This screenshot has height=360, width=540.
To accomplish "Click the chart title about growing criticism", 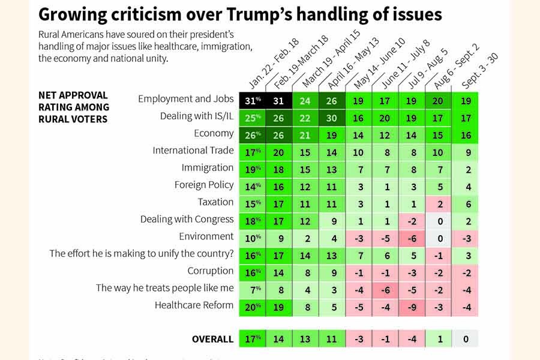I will click(240, 14).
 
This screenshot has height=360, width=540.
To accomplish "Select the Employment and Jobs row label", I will click(185, 99).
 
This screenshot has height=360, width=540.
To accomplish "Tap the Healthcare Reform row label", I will click(194, 305).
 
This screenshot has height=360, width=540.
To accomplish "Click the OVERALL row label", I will click(212, 339).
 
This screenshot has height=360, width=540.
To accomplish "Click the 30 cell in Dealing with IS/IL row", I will click(332, 117).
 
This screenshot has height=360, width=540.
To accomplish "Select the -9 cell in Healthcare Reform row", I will click(412, 305).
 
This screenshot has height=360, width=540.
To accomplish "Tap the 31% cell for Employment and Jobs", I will click(251, 100).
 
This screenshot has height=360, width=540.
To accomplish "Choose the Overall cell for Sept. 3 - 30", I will click(465, 339).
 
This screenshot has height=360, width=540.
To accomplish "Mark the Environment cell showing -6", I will click(412, 237).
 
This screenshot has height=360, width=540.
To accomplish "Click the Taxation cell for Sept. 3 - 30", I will click(465, 203).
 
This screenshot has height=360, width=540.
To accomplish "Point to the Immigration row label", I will click(208, 167).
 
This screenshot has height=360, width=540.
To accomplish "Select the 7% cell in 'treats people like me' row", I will click(251, 289).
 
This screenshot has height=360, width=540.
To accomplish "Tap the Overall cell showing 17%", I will click(251, 339).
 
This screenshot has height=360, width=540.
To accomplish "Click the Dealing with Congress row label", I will click(187, 219).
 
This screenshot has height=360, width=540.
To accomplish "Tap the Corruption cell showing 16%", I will click(251, 271).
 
